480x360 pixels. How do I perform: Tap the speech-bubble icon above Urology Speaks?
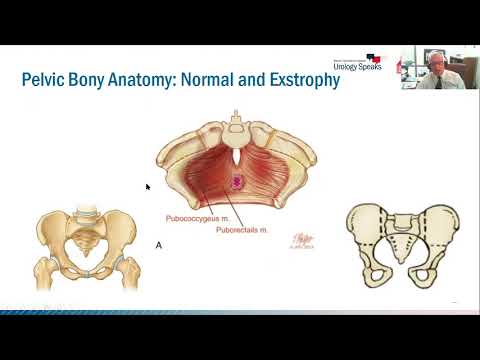tap(373, 57)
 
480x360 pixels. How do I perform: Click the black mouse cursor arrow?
tap(147, 186)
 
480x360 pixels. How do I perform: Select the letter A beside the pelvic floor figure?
tap(157, 244)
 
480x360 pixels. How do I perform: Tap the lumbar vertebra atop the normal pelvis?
tap(87, 212)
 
